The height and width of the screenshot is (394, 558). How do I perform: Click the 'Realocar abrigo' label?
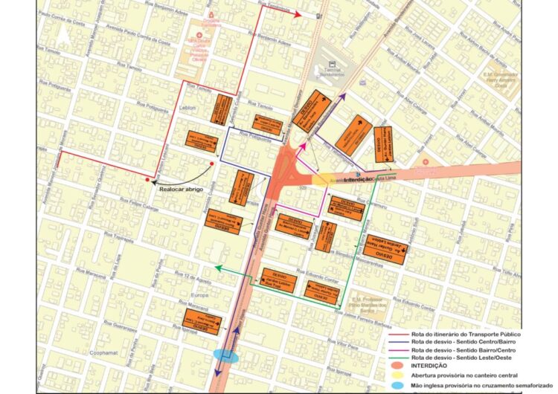click(184, 189)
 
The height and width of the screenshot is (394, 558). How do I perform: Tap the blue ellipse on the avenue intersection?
click(226, 357)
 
